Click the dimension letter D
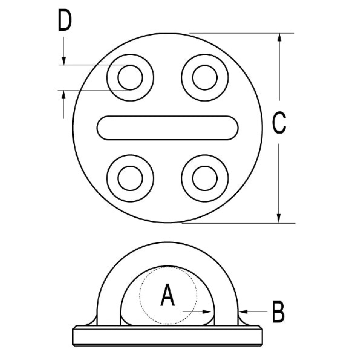65,21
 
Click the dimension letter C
279,123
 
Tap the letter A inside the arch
168,296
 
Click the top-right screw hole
203,77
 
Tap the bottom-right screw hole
203,177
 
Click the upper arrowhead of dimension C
279,38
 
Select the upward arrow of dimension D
64,97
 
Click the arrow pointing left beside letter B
244,312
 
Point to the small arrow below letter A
206,312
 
